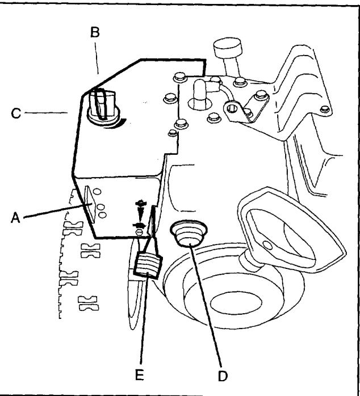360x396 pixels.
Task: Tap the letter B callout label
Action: click(95, 32)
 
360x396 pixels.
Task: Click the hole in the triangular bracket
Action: click(233, 106)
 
